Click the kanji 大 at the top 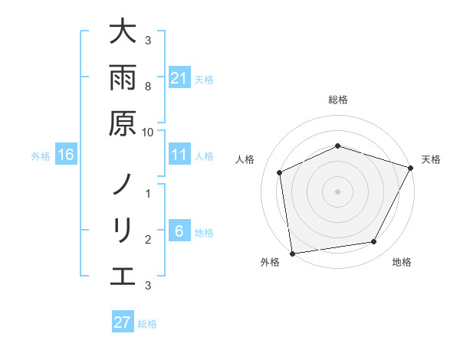tap(122, 33)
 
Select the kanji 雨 tap(122, 79)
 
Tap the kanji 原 tap(122, 124)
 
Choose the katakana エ tap(122, 277)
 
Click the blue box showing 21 tap(179, 78)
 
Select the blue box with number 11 tap(179, 155)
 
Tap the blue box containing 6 tap(179, 231)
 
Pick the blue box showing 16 tap(66, 155)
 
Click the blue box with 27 tap(123, 322)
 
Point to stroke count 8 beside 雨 tap(148, 87)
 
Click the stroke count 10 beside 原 tap(148, 132)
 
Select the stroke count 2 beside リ tap(148, 239)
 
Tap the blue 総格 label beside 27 tap(147, 323)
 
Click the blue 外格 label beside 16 tap(41, 156)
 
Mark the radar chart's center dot tap(337, 191)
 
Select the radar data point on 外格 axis tap(292, 253)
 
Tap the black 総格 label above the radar tap(337, 100)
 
